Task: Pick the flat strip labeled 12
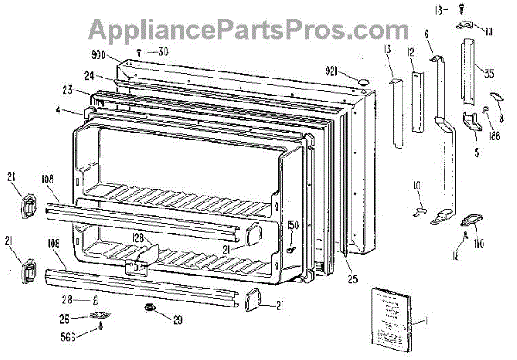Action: point(419,101)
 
